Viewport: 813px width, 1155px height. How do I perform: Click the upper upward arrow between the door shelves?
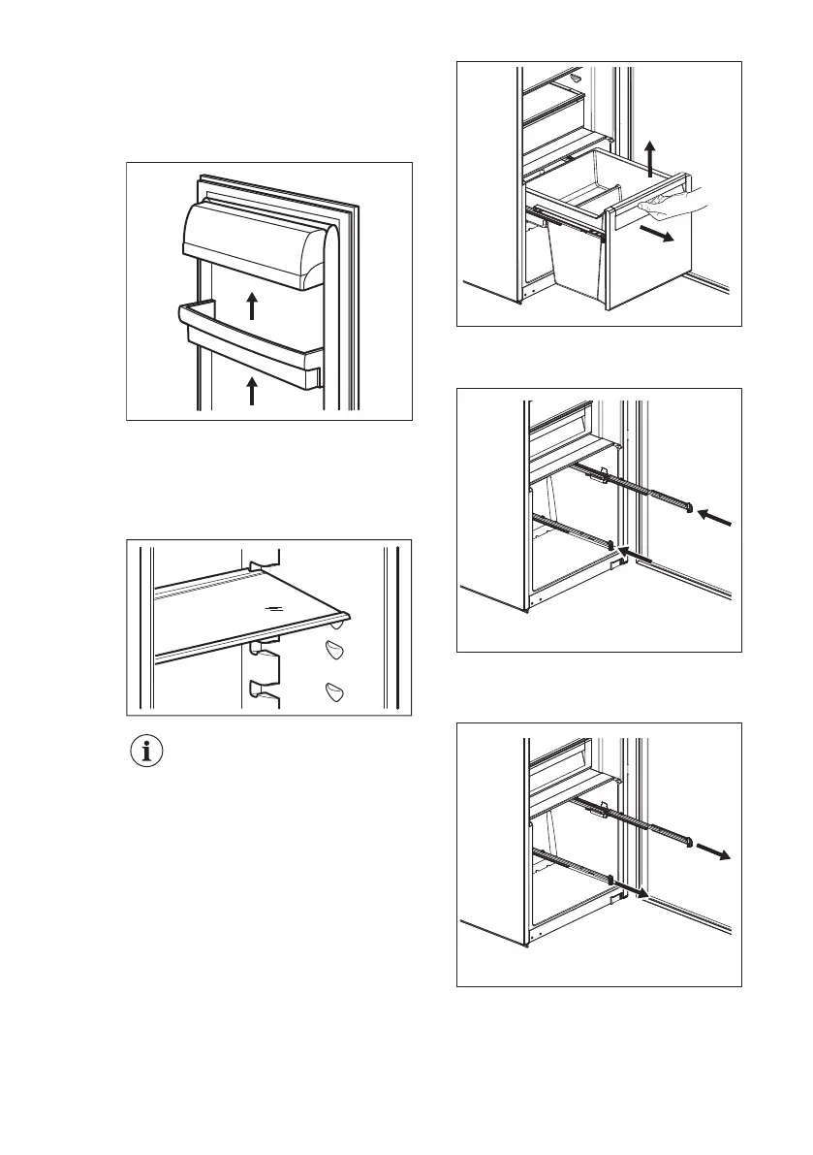point(251,305)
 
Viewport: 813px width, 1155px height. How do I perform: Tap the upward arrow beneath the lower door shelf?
point(251,391)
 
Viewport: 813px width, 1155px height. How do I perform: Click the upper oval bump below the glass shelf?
point(336,651)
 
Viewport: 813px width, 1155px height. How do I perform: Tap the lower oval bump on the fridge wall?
point(336,690)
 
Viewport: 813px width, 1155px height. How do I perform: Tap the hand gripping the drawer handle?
point(672,201)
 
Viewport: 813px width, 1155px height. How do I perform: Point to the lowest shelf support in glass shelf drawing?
point(261,690)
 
